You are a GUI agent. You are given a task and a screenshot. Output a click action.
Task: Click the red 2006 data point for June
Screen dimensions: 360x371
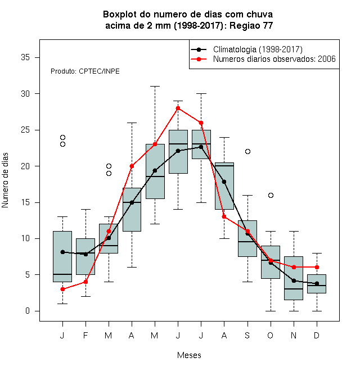(178, 108)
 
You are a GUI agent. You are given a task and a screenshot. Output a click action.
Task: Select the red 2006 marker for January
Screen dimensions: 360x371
(62, 289)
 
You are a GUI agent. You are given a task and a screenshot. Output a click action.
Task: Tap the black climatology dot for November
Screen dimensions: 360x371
(294, 280)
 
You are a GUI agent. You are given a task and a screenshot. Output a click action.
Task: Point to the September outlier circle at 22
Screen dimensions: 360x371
(247, 151)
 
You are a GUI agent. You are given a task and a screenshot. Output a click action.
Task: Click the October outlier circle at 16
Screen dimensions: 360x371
(271, 195)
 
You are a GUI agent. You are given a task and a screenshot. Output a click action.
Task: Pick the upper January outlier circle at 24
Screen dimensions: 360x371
(62, 137)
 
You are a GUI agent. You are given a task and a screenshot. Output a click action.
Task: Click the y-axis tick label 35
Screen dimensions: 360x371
(25, 57)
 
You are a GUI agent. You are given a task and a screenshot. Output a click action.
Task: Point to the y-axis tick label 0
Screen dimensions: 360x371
(28, 311)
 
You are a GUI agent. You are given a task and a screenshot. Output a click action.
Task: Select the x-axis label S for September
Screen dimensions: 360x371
(247, 335)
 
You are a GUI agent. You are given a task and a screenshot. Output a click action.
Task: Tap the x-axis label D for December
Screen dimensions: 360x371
(317, 335)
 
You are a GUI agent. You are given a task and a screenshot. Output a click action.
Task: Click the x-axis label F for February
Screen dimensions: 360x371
(85, 335)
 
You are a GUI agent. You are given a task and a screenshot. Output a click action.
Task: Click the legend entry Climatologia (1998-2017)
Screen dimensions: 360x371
(258, 49)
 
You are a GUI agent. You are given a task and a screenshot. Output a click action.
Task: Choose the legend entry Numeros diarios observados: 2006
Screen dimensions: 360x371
(274, 58)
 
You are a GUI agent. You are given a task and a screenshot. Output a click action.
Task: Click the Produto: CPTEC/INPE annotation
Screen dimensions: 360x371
(85, 71)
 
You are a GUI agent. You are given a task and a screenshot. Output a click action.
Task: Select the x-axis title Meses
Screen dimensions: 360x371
(189, 355)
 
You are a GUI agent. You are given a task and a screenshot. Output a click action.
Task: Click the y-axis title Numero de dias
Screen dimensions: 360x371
(5, 180)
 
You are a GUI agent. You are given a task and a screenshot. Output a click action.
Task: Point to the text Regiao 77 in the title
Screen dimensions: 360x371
(251, 25)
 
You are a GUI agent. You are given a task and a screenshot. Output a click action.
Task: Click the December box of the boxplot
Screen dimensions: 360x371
(317, 284)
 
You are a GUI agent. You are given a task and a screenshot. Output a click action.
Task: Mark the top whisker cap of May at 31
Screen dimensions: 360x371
(155, 87)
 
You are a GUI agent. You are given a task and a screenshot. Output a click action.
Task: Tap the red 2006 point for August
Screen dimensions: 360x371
(224, 217)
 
